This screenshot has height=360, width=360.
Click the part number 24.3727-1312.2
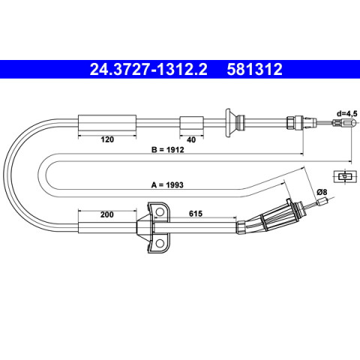(148, 69)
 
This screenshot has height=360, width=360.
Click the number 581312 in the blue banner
(254, 69)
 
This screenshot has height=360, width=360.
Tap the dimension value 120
(107, 139)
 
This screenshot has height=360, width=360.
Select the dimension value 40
(191, 139)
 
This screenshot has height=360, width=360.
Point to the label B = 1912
(168, 150)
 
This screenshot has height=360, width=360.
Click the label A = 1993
(167, 185)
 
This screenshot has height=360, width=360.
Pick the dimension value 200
(106, 214)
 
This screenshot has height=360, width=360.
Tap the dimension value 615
(196, 214)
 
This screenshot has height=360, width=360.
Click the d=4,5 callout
(347, 113)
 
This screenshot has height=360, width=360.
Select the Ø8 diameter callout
(322, 192)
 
